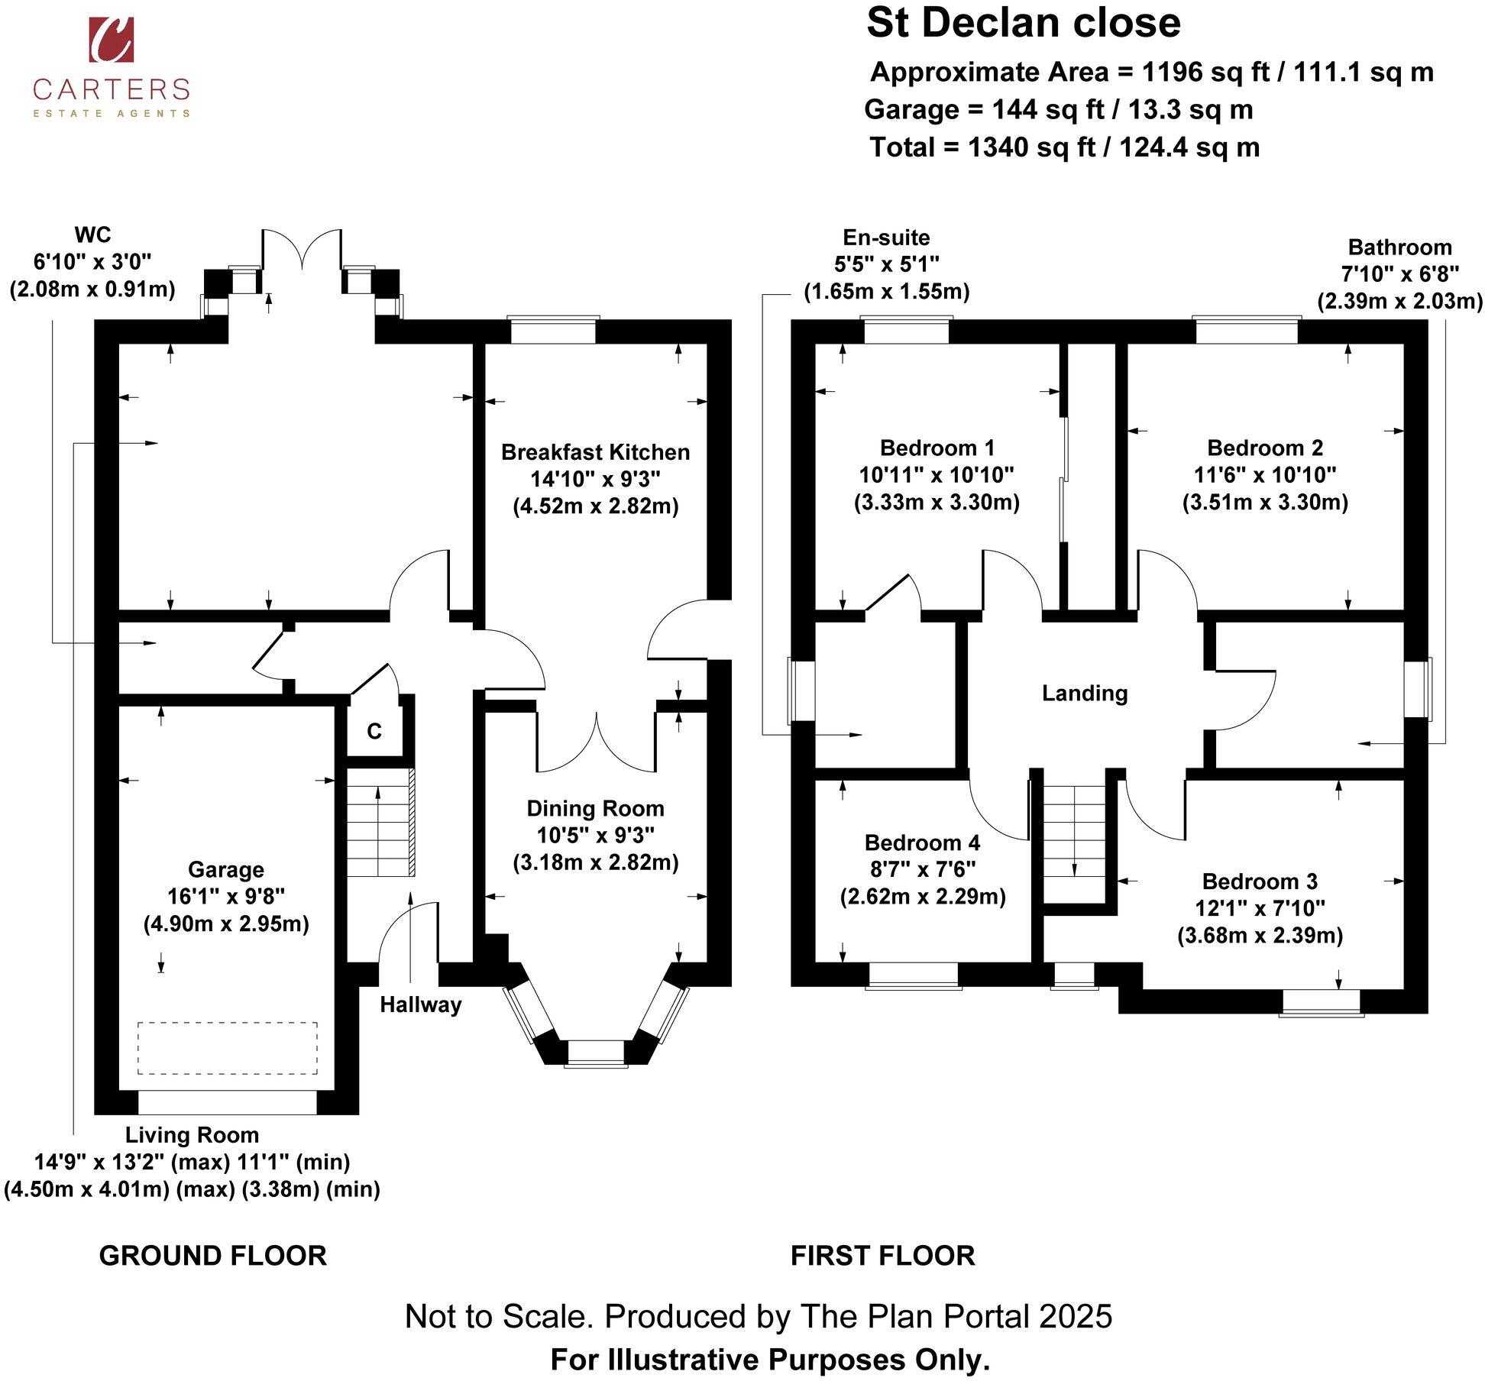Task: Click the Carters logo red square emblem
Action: (x=112, y=40)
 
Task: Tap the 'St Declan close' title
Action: (x=1024, y=23)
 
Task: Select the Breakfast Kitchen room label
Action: (x=595, y=452)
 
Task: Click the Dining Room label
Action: (x=595, y=808)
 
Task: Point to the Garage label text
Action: (x=226, y=869)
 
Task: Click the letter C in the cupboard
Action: (x=374, y=732)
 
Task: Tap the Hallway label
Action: (x=421, y=1004)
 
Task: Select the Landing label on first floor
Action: (x=1085, y=693)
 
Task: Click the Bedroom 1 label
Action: (x=937, y=448)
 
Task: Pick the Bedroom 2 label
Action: (x=1265, y=448)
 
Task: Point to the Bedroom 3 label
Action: (x=1260, y=881)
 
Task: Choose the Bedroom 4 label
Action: (x=922, y=843)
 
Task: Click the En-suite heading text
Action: (x=886, y=237)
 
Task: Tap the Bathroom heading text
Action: (x=1399, y=247)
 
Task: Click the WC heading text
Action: (x=92, y=234)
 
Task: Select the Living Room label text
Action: (x=192, y=1134)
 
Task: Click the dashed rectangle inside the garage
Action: (x=228, y=1048)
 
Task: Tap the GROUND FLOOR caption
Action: (x=213, y=1256)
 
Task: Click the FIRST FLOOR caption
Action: (x=882, y=1256)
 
